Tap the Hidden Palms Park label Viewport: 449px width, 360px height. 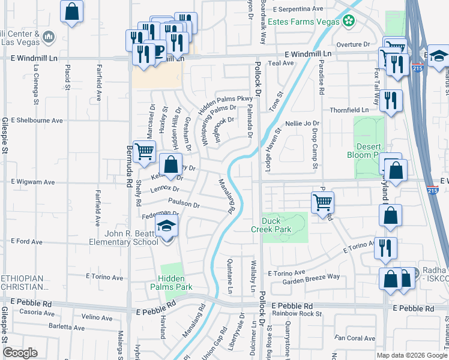pyautogui.click(x=175, y=283)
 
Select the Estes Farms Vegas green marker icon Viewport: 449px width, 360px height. pyautogui.click(x=349, y=22)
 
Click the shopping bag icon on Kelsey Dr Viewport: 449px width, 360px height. pyautogui.click(x=171, y=164)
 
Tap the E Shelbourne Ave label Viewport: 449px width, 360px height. pyautogui.click(x=37, y=120)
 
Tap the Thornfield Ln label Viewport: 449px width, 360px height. pyautogui.click(x=349, y=110)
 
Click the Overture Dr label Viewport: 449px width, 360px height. pyautogui.click(x=353, y=44)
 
